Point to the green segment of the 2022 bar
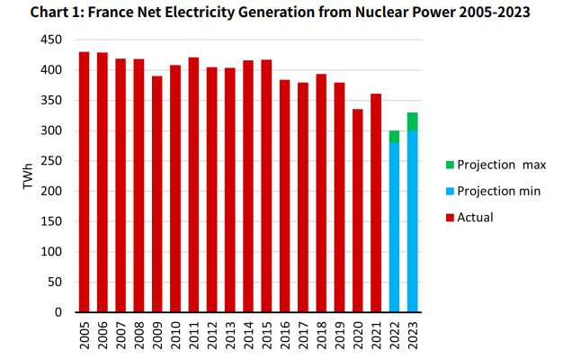tap(395, 137)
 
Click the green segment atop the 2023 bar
tap(413, 121)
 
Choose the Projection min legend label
tap(497, 191)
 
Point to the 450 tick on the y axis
tap(53, 40)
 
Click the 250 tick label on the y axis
tap(53, 161)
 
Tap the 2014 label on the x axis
tap(248, 336)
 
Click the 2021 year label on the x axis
tap(376, 336)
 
